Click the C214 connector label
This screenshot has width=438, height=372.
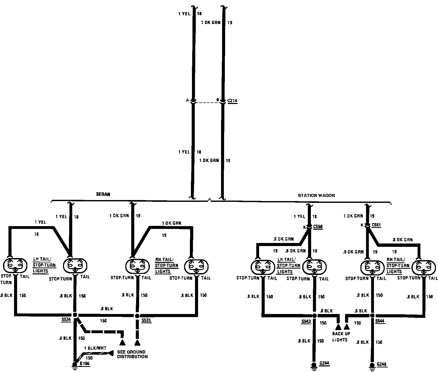[232, 101]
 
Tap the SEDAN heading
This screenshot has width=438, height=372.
[103, 194]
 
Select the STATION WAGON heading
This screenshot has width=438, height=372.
[316, 195]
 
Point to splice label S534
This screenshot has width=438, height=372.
[66, 320]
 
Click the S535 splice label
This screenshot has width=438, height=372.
[146, 320]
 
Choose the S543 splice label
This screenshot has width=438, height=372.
[306, 321]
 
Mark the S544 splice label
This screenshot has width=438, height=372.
[380, 321]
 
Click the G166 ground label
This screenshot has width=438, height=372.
[84, 364]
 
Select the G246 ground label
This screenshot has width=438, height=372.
[382, 364]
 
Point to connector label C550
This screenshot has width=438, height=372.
[318, 227]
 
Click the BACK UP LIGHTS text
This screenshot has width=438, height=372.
[341, 336]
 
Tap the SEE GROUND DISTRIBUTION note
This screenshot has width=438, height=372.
[132, 354]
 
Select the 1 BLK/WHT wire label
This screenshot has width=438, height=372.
[95, 348]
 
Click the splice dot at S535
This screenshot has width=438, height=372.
[138, 316]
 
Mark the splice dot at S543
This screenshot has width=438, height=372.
[314, 316]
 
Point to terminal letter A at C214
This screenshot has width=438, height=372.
[187, 100]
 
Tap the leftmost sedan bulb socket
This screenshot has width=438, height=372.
[15, 265]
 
